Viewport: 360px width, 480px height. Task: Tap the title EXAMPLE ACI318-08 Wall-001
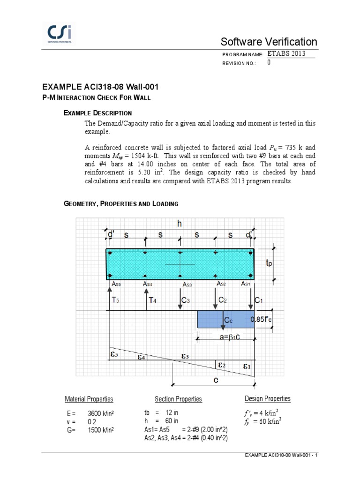pyautogui.click(x=100, y=87)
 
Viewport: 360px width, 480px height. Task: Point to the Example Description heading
pyautogui.click(x=97, y=113)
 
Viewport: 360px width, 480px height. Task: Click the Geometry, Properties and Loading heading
pyautogui.click(x=120, y=204)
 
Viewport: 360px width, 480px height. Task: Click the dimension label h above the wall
pyautogui.click(x=180, y=224)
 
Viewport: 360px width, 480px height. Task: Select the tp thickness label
pyautogui.click(x=268, y=264)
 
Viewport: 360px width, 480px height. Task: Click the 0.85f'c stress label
pyautogui.click(x=262, y=320)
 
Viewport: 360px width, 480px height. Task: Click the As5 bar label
pyautogui.click(x=116, y=284)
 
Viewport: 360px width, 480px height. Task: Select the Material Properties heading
pyautogui.click(x=89, y=399)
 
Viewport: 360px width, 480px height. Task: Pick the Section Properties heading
pyautogui.click(x=178, y=399)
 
